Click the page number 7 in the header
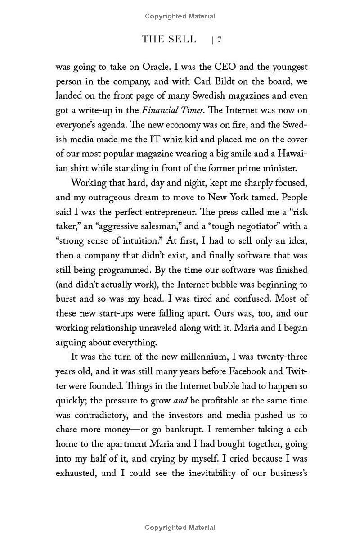tap(220, 40)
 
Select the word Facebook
tap(249, 371)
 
